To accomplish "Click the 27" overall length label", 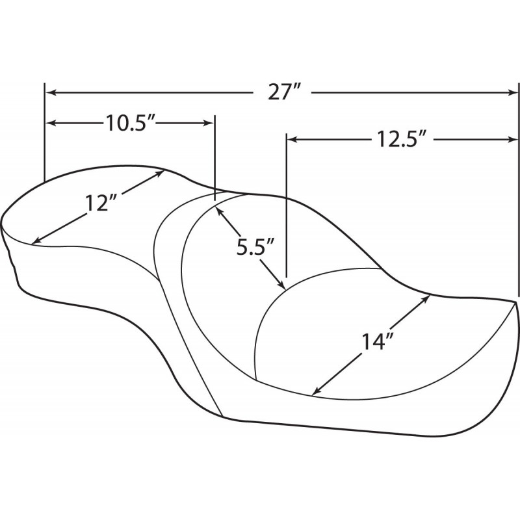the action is pos(284,93).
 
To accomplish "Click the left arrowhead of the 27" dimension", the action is pos(50,93).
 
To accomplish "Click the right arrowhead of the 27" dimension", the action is pos(512,93).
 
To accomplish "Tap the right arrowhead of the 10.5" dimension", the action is pos(208,123).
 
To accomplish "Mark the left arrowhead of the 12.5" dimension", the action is pos(292,140).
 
